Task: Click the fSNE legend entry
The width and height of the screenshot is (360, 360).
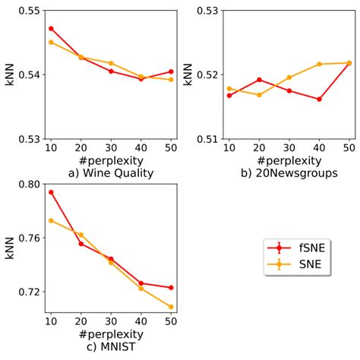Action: [297, 247]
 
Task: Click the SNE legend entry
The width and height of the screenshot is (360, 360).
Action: [297, 264]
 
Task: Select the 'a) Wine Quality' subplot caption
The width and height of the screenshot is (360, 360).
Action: [110, 172]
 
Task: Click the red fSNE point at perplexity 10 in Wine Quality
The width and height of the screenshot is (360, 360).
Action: [51, 28]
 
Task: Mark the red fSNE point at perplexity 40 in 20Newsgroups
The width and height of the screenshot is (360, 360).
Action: [319, 99]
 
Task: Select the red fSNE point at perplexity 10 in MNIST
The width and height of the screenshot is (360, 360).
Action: [51, 192]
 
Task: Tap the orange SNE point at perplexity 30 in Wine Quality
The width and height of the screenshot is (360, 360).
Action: [111, 63]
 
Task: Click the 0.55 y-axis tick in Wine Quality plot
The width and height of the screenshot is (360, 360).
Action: [30, 11]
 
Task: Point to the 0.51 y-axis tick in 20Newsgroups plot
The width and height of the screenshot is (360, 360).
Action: [208, 139]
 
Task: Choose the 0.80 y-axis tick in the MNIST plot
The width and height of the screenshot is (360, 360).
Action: [30, 185]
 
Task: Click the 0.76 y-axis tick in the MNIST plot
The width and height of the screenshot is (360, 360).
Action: [30, 238]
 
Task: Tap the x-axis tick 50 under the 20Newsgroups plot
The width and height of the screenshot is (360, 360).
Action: [349, 147]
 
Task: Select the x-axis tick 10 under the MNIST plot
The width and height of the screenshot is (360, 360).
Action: [51, 321]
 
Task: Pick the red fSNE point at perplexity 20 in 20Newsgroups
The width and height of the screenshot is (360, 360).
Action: [259, 79]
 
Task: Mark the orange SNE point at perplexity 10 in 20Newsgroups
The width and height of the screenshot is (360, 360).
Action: [229, 88]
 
